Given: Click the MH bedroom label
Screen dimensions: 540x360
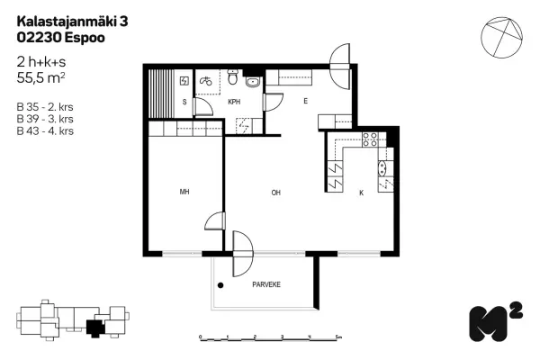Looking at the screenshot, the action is (x=184, y=192).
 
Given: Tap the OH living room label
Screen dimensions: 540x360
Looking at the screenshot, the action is (x=276, y=193).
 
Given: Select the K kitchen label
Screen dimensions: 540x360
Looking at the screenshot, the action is (x=361, y=193).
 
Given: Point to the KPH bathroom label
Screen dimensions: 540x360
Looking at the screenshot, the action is (x=234, y=102).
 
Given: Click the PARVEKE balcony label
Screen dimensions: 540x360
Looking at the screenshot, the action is (x=266, y=284).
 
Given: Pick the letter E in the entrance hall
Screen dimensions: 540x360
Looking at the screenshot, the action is (x=305, y=102).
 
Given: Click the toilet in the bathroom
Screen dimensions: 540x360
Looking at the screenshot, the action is (x=233, y=76).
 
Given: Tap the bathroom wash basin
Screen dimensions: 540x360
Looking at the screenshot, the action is (x=253, y=82).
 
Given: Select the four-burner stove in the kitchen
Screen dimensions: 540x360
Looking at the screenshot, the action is (x=370, y=139).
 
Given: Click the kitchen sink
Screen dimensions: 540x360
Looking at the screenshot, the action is (x=382, y=168).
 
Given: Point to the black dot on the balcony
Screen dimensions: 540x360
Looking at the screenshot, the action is (x=220, y=285).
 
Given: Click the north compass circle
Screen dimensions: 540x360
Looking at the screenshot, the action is (x=501, y=37).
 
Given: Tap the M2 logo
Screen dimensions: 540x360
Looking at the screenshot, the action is (x=496, y=321).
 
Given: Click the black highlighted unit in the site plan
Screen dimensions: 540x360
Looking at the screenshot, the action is (x=94, y=328).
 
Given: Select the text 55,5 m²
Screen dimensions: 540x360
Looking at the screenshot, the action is (x=40, y=78).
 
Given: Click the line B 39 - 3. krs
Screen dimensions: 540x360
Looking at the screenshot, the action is (x=45, y=119).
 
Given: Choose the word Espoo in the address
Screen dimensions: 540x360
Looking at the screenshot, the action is (x=85, y=38).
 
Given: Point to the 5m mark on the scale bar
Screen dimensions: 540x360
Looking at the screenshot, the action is (x=338, y=337).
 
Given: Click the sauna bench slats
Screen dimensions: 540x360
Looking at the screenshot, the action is (x=161, y=94).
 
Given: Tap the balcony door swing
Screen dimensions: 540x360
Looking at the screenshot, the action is (x=243, y=254).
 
